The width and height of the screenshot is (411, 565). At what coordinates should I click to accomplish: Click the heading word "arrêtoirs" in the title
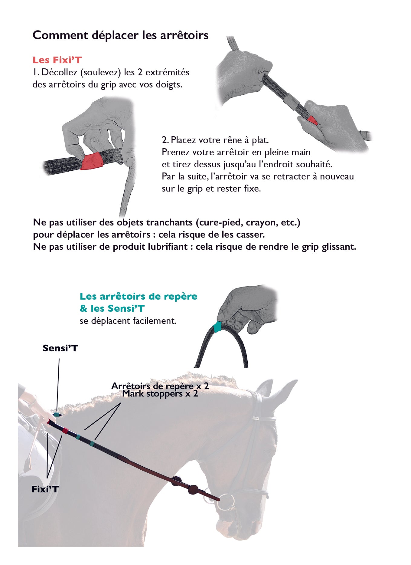pos(184,35)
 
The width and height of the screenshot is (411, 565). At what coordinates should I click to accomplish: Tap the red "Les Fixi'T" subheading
pos(57,60)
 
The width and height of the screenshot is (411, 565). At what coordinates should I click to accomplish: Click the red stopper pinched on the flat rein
pos(92,161)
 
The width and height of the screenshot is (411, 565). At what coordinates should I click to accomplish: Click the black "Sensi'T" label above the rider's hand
pos(60,348)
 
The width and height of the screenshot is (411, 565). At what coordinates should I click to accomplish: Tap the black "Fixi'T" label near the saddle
pos(45,489)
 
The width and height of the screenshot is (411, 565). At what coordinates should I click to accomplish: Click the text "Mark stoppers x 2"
pos(160,394)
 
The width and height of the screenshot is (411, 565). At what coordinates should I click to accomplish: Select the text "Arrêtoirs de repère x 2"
pos(160,386)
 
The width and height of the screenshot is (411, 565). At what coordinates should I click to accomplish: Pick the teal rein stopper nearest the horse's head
pos(92,444)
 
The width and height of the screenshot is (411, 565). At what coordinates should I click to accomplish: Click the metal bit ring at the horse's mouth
pos(227,501)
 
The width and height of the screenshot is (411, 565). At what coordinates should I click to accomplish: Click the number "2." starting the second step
pos(165,140)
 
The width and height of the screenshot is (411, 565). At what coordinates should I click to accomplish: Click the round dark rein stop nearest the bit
pos(193,489)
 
